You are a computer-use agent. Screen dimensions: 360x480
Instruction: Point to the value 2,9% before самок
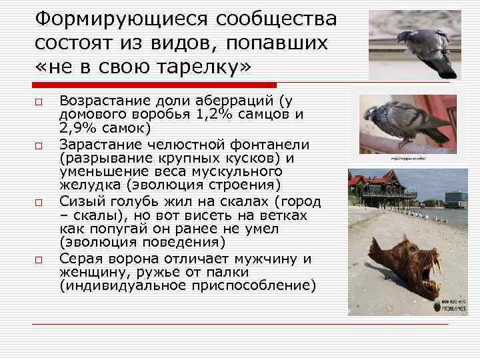pyautogui.click(x=78, y=127)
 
